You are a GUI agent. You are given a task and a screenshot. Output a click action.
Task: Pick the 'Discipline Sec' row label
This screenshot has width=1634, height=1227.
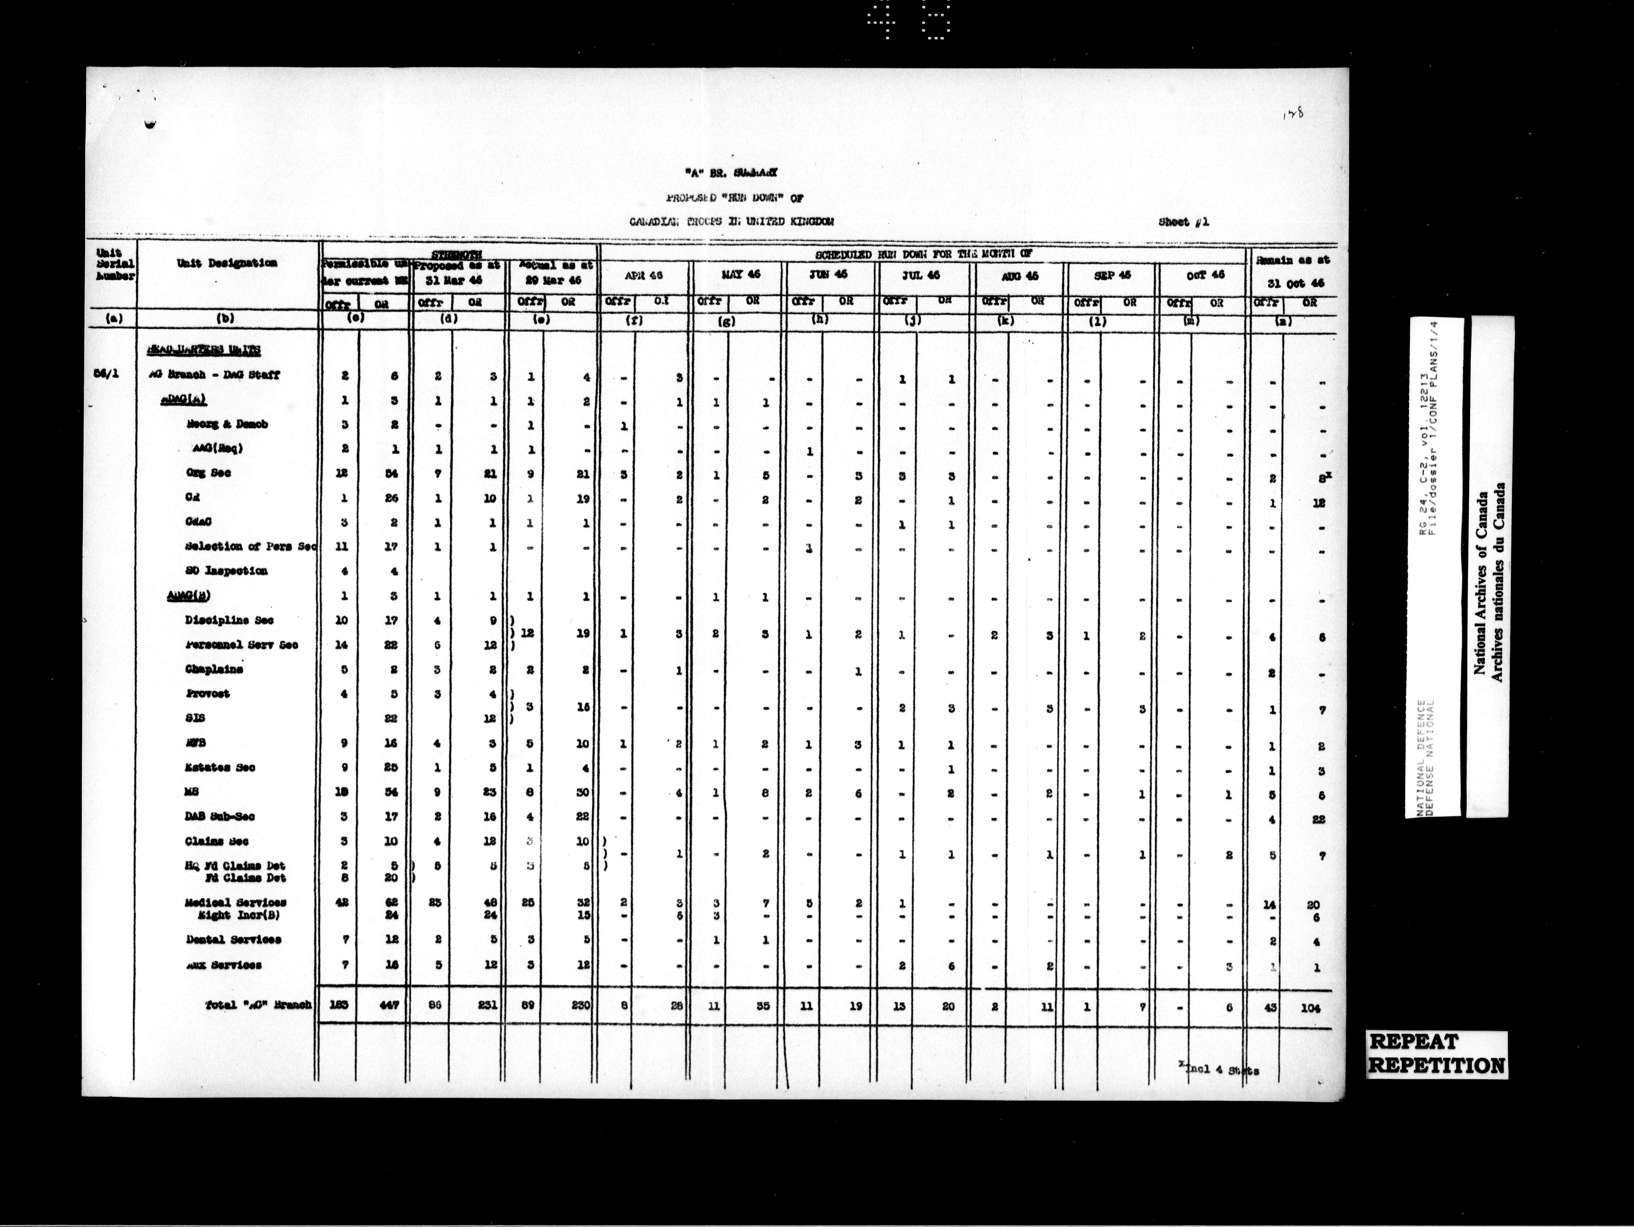click(x=229, y=621)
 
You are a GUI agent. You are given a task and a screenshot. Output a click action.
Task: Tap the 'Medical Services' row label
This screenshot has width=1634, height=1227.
click(x=236, y=903)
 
